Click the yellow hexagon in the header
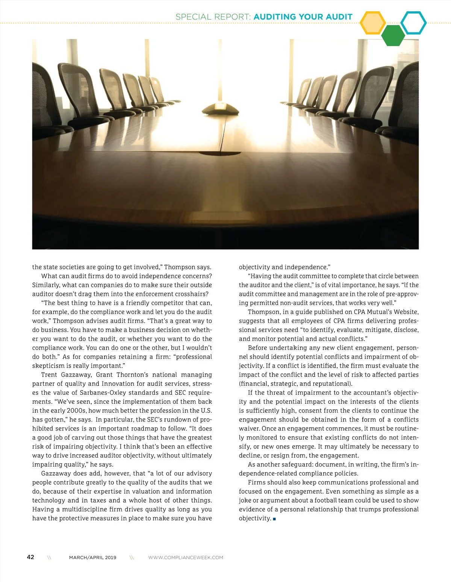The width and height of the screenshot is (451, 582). (372, 23)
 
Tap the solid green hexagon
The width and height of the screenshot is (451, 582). (393, 36)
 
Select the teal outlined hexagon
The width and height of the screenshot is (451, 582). (413, 23)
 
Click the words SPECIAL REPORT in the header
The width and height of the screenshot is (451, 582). (213, 17)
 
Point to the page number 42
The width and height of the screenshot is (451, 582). (30, 557)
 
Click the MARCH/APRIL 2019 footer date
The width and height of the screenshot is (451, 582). (92, 558)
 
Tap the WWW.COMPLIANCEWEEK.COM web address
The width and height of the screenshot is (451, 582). (186, 558)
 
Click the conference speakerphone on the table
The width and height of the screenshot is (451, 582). (220, 109)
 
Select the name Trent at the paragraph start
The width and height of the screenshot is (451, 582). (49, 375)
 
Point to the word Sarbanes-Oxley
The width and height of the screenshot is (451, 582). (103, 393)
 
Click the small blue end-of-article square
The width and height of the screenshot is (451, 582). (274, 519)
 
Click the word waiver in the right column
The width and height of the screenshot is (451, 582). (249, 429)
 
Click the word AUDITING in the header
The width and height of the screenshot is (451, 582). (275, 17)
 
